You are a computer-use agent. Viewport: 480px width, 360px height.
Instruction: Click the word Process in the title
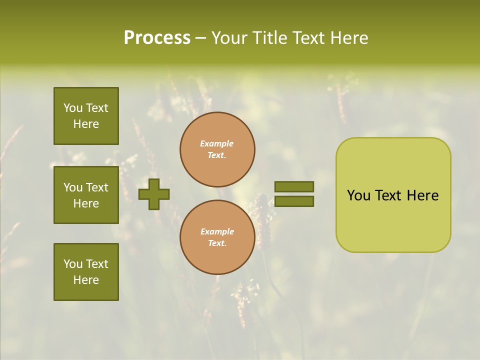tap(157, 38)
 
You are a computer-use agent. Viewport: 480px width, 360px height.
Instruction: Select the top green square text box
tap(86, 116)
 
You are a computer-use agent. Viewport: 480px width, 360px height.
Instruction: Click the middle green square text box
tap(86, 195)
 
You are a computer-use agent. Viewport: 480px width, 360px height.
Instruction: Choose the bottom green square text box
tap(86, 272)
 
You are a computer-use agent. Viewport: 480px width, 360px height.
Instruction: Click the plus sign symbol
tap(154, 194)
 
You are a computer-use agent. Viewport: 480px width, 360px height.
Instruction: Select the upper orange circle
tap(217, 149)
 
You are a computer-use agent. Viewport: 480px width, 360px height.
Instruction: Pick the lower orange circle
tap(217, 237)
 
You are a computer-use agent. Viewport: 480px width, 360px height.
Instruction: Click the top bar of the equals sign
tap(294, 186)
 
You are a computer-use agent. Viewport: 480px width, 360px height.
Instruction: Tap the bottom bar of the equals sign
tap(294, 201)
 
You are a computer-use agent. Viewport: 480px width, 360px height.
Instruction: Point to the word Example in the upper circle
tap(217, 144)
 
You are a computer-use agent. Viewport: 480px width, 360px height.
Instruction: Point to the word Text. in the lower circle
tap(217, 243)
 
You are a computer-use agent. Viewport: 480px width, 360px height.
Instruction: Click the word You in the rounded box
tap(358, 195)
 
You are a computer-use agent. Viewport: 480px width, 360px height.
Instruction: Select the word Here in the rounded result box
tap(422, 195)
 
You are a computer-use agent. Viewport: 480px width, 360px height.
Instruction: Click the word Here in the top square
tap(86, 124)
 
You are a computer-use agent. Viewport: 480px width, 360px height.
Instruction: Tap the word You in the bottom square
tap(73, 264)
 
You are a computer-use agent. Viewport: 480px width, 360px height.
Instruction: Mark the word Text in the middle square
tap(97, 187)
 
